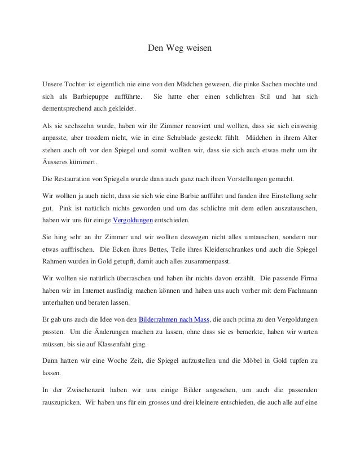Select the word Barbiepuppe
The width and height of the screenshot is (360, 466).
click(89, 96)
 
